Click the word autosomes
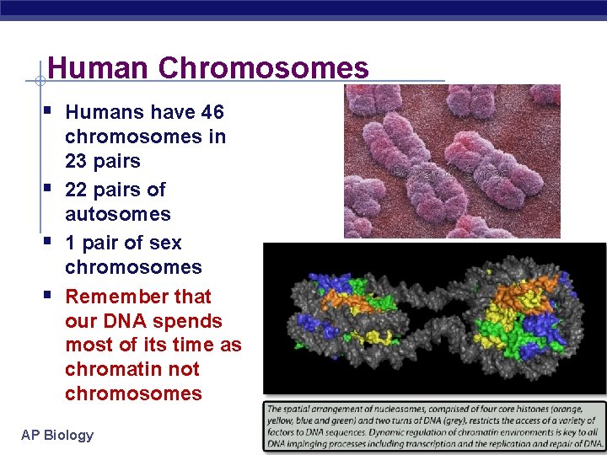click(117, 214)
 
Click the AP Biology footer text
click(57, 435)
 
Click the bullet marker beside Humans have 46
click(52, 110)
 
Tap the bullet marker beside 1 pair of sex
click(52, 241)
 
